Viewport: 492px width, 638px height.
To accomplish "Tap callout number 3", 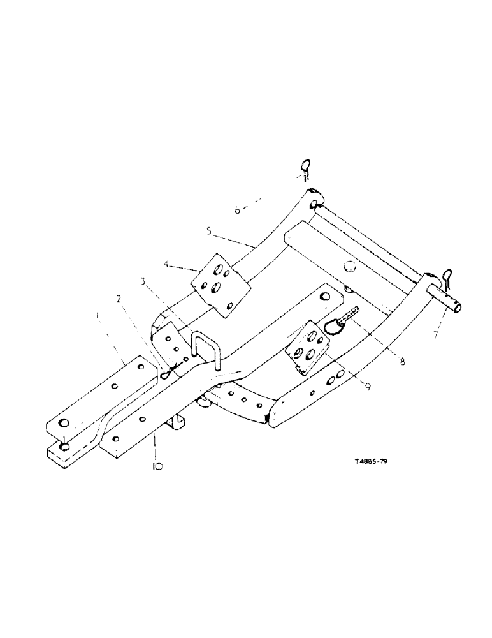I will point(145,281).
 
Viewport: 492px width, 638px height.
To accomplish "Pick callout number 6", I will point(237,209).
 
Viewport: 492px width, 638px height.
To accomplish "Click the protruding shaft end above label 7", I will point(447,301).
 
